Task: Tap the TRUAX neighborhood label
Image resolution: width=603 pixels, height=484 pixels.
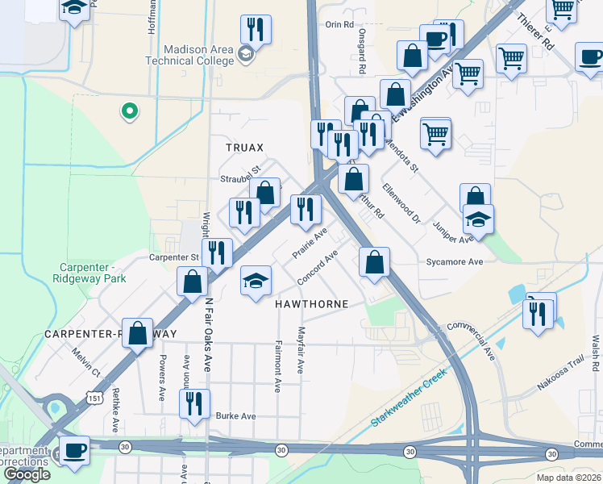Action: point(244,148)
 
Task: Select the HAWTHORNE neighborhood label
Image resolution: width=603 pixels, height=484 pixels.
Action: point(311,304)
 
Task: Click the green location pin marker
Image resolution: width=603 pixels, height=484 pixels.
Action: point(127,111)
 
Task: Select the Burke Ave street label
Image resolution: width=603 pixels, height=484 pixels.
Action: point(235,416)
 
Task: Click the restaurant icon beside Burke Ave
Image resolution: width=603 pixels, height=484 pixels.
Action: point(194,403)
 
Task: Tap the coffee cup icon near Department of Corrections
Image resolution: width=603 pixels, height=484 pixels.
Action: point(75,450)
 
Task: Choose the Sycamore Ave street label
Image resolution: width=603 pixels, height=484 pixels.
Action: point(454,262)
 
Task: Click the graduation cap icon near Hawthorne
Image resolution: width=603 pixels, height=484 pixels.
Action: point(256,281)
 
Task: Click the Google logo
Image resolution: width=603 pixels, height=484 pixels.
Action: point(27,474)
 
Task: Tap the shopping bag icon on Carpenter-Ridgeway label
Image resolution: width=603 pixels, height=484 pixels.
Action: point(138,332)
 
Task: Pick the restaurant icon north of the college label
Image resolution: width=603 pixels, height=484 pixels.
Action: point(256,30)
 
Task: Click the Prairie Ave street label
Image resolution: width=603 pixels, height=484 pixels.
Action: point(309,242)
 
